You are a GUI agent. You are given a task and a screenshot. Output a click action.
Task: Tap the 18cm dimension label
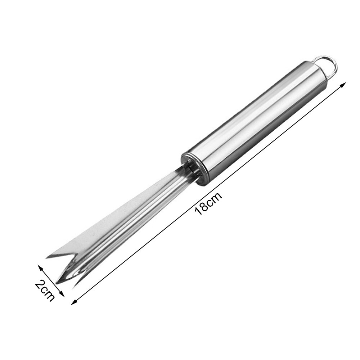(208, 203)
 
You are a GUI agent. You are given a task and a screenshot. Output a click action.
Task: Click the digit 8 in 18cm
(204, 207)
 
